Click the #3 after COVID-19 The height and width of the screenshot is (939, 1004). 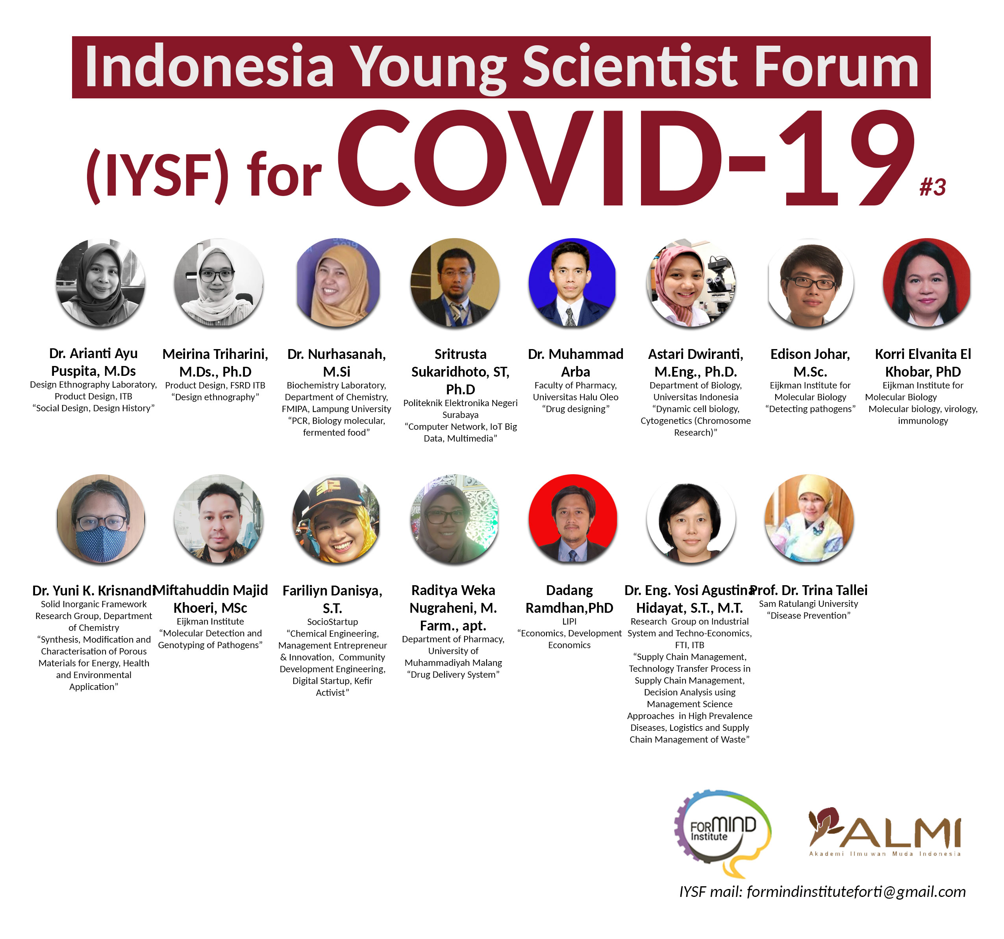[932, 187]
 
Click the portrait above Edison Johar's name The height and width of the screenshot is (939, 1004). [811, 283]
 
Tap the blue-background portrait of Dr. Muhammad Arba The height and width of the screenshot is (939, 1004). [572, 283]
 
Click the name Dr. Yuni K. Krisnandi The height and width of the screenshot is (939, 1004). [93, 590]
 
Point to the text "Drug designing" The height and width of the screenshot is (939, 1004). [576, 409]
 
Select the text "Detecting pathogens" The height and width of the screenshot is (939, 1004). [810, 409]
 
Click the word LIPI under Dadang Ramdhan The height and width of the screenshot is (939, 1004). [569, 621]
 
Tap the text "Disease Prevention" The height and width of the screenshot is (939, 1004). [809, 616]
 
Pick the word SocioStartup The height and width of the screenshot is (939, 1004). [332, 621]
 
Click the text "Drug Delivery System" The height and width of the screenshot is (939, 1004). [453, 675]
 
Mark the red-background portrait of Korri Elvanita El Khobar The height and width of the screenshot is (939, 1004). [927, 283]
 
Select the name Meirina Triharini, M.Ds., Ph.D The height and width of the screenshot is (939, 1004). [215, 362]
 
